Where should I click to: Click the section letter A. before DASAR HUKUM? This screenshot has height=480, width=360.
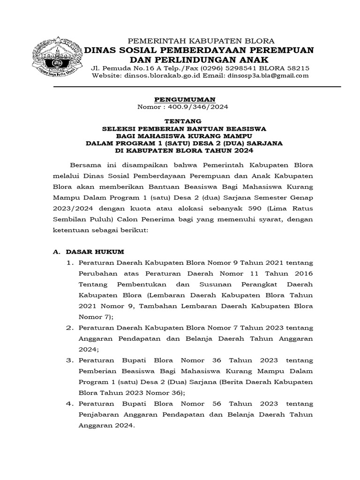pos(56,252)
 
